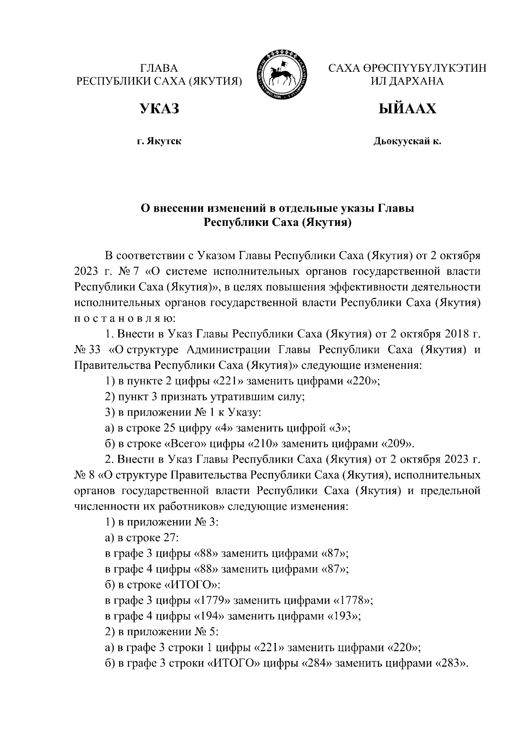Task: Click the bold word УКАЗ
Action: (x=159, y=109)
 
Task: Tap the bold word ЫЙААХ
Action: (x=407, y=109)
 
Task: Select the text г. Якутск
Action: (x=159, y=141)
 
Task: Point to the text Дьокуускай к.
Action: (x=407, y=141)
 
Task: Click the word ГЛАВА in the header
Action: (x=159, y=68)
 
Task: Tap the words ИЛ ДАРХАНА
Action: (x=407, y=81)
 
